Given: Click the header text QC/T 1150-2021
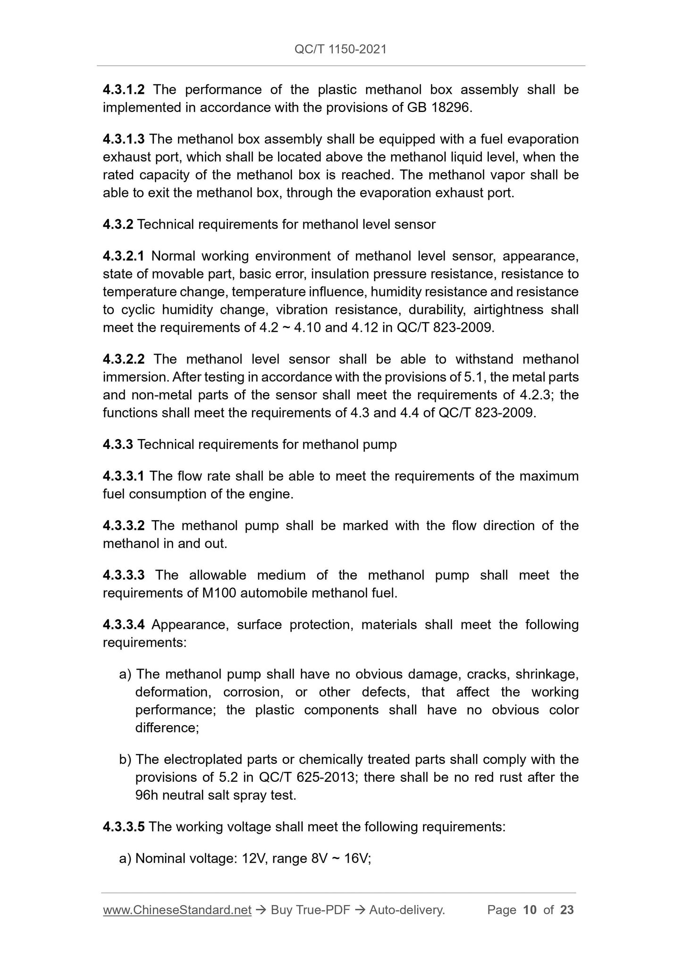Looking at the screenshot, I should [340, 49].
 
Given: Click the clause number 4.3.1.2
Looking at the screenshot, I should [124, 89].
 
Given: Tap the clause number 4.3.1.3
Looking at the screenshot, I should [124, 139].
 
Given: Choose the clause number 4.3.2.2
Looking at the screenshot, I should [124, 359].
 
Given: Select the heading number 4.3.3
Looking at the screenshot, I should [118, 444].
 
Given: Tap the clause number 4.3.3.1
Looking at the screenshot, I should [124, 476].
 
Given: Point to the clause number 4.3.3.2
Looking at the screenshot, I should [124, 525].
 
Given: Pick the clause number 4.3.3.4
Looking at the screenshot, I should [124, 625].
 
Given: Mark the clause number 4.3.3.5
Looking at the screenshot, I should [124, 827].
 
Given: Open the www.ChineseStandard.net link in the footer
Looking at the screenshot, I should [177, 910].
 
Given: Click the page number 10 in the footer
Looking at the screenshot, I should [530, 910].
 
